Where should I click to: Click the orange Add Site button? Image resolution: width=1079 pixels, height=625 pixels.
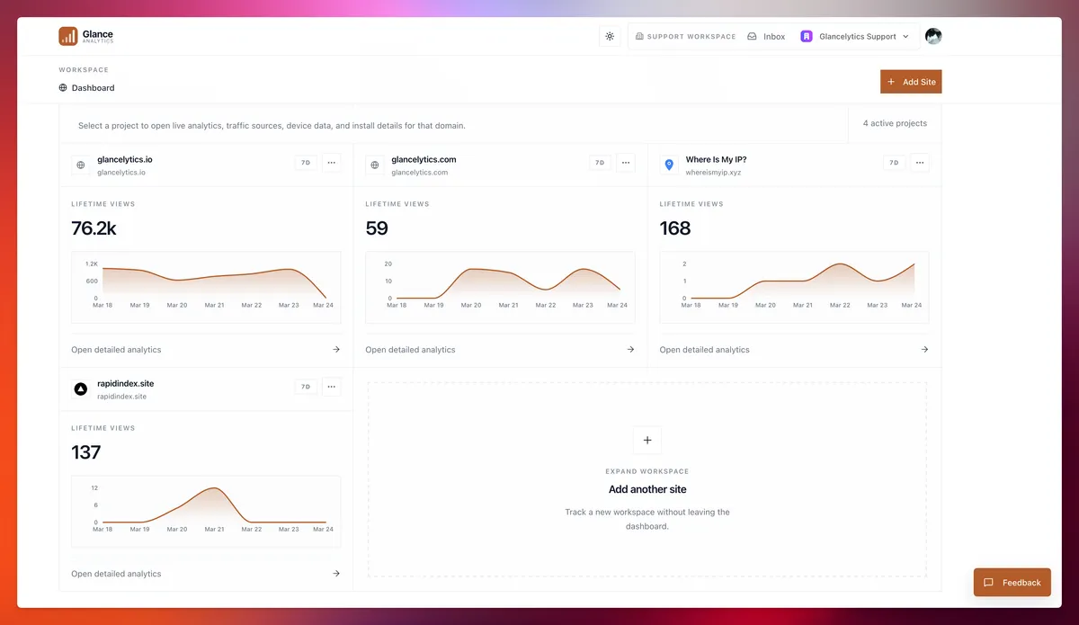pos(911,82)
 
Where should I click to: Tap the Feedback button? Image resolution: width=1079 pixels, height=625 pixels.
pos(1012,583)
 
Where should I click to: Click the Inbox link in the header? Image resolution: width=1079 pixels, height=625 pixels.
pos(766,37)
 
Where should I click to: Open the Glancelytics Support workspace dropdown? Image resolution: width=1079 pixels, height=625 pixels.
pos(855,37)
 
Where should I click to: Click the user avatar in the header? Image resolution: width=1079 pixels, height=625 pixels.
pos(933,36)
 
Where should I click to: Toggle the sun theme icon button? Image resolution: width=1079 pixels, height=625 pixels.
pos(610,36)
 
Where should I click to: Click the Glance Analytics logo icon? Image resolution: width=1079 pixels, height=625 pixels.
pos(68,36)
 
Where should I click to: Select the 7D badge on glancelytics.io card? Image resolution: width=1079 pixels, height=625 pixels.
pos(306,163)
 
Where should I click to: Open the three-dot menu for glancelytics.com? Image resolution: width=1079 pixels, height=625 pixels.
pos(626,163)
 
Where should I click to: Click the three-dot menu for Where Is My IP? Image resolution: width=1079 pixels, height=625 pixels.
pos(920,163)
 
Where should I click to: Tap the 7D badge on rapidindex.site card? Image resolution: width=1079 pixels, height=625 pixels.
pos(306,387)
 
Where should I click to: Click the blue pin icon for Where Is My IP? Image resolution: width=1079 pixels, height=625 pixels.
pos(668,165)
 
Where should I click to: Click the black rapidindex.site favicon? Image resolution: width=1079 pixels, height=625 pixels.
pos(80,389)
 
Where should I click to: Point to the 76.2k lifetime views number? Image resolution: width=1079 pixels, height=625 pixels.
pos(94,228)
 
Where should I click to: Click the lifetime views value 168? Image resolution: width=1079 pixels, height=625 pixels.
pos(675,228)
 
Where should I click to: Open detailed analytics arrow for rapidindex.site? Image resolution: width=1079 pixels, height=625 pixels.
pos(336,574)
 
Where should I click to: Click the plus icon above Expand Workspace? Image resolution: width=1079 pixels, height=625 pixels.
pos(647,441)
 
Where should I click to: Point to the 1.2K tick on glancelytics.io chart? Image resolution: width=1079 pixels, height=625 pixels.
pos(92,264)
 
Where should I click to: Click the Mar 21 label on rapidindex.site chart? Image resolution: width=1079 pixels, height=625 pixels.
pos(214,530)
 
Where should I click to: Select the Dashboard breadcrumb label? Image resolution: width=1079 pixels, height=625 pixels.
pos(93,88)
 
